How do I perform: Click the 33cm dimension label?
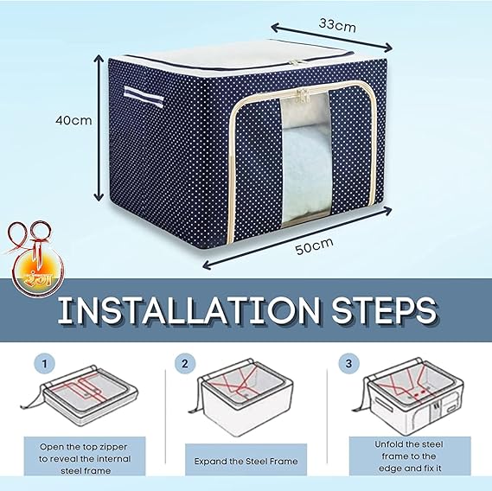click(x=337, y=25)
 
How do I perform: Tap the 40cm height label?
click(x=73, y=120)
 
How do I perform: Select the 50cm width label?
click(x=314, y=246)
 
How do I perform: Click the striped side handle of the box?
click(x=144, y=96)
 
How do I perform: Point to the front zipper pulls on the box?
click(x=303, y=95)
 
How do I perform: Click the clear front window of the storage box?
click(x=305, y=158)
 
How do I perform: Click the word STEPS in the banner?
click(x=384, y=310)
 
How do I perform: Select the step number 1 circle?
click(x=45, y=364)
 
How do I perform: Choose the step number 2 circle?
click(x=185, y=364)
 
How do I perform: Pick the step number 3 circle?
click(x=348, y=364)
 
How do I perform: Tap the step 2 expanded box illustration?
click(x=241, y=397)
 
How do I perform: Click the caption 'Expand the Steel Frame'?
click(x=246, y=462)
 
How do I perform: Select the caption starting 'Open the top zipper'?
click(x=85, y=459)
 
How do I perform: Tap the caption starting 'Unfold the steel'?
click(x=409, y=456)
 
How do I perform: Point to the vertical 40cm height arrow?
click(x=99, y=128)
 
